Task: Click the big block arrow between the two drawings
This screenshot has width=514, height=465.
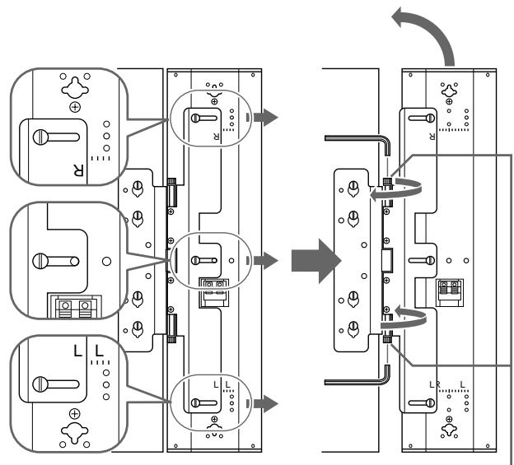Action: tap(316, 261)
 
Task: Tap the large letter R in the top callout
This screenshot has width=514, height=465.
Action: tap(78, 170)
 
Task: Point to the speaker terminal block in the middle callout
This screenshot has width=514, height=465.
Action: tap(75, 307)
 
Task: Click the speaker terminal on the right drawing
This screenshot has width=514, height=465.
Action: tap(450, 292)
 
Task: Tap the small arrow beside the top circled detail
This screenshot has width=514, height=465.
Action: tap(265, 117)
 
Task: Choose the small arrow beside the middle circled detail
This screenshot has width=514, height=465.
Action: tap(265, 261)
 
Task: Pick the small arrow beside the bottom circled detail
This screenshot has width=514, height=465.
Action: tap(265, 403)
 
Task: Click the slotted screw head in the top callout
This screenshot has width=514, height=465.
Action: tap(40, 137)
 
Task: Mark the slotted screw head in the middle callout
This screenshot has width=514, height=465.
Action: tap(40, 262)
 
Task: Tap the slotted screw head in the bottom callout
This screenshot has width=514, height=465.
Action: tap(40, 384)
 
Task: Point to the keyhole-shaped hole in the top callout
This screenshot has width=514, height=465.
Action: tap(75, 88)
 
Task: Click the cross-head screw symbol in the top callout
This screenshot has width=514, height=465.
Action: tap(75, 107)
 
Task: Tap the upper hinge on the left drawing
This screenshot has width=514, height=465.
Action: tap(172, 193)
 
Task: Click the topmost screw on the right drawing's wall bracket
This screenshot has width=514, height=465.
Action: tap(353, 187)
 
